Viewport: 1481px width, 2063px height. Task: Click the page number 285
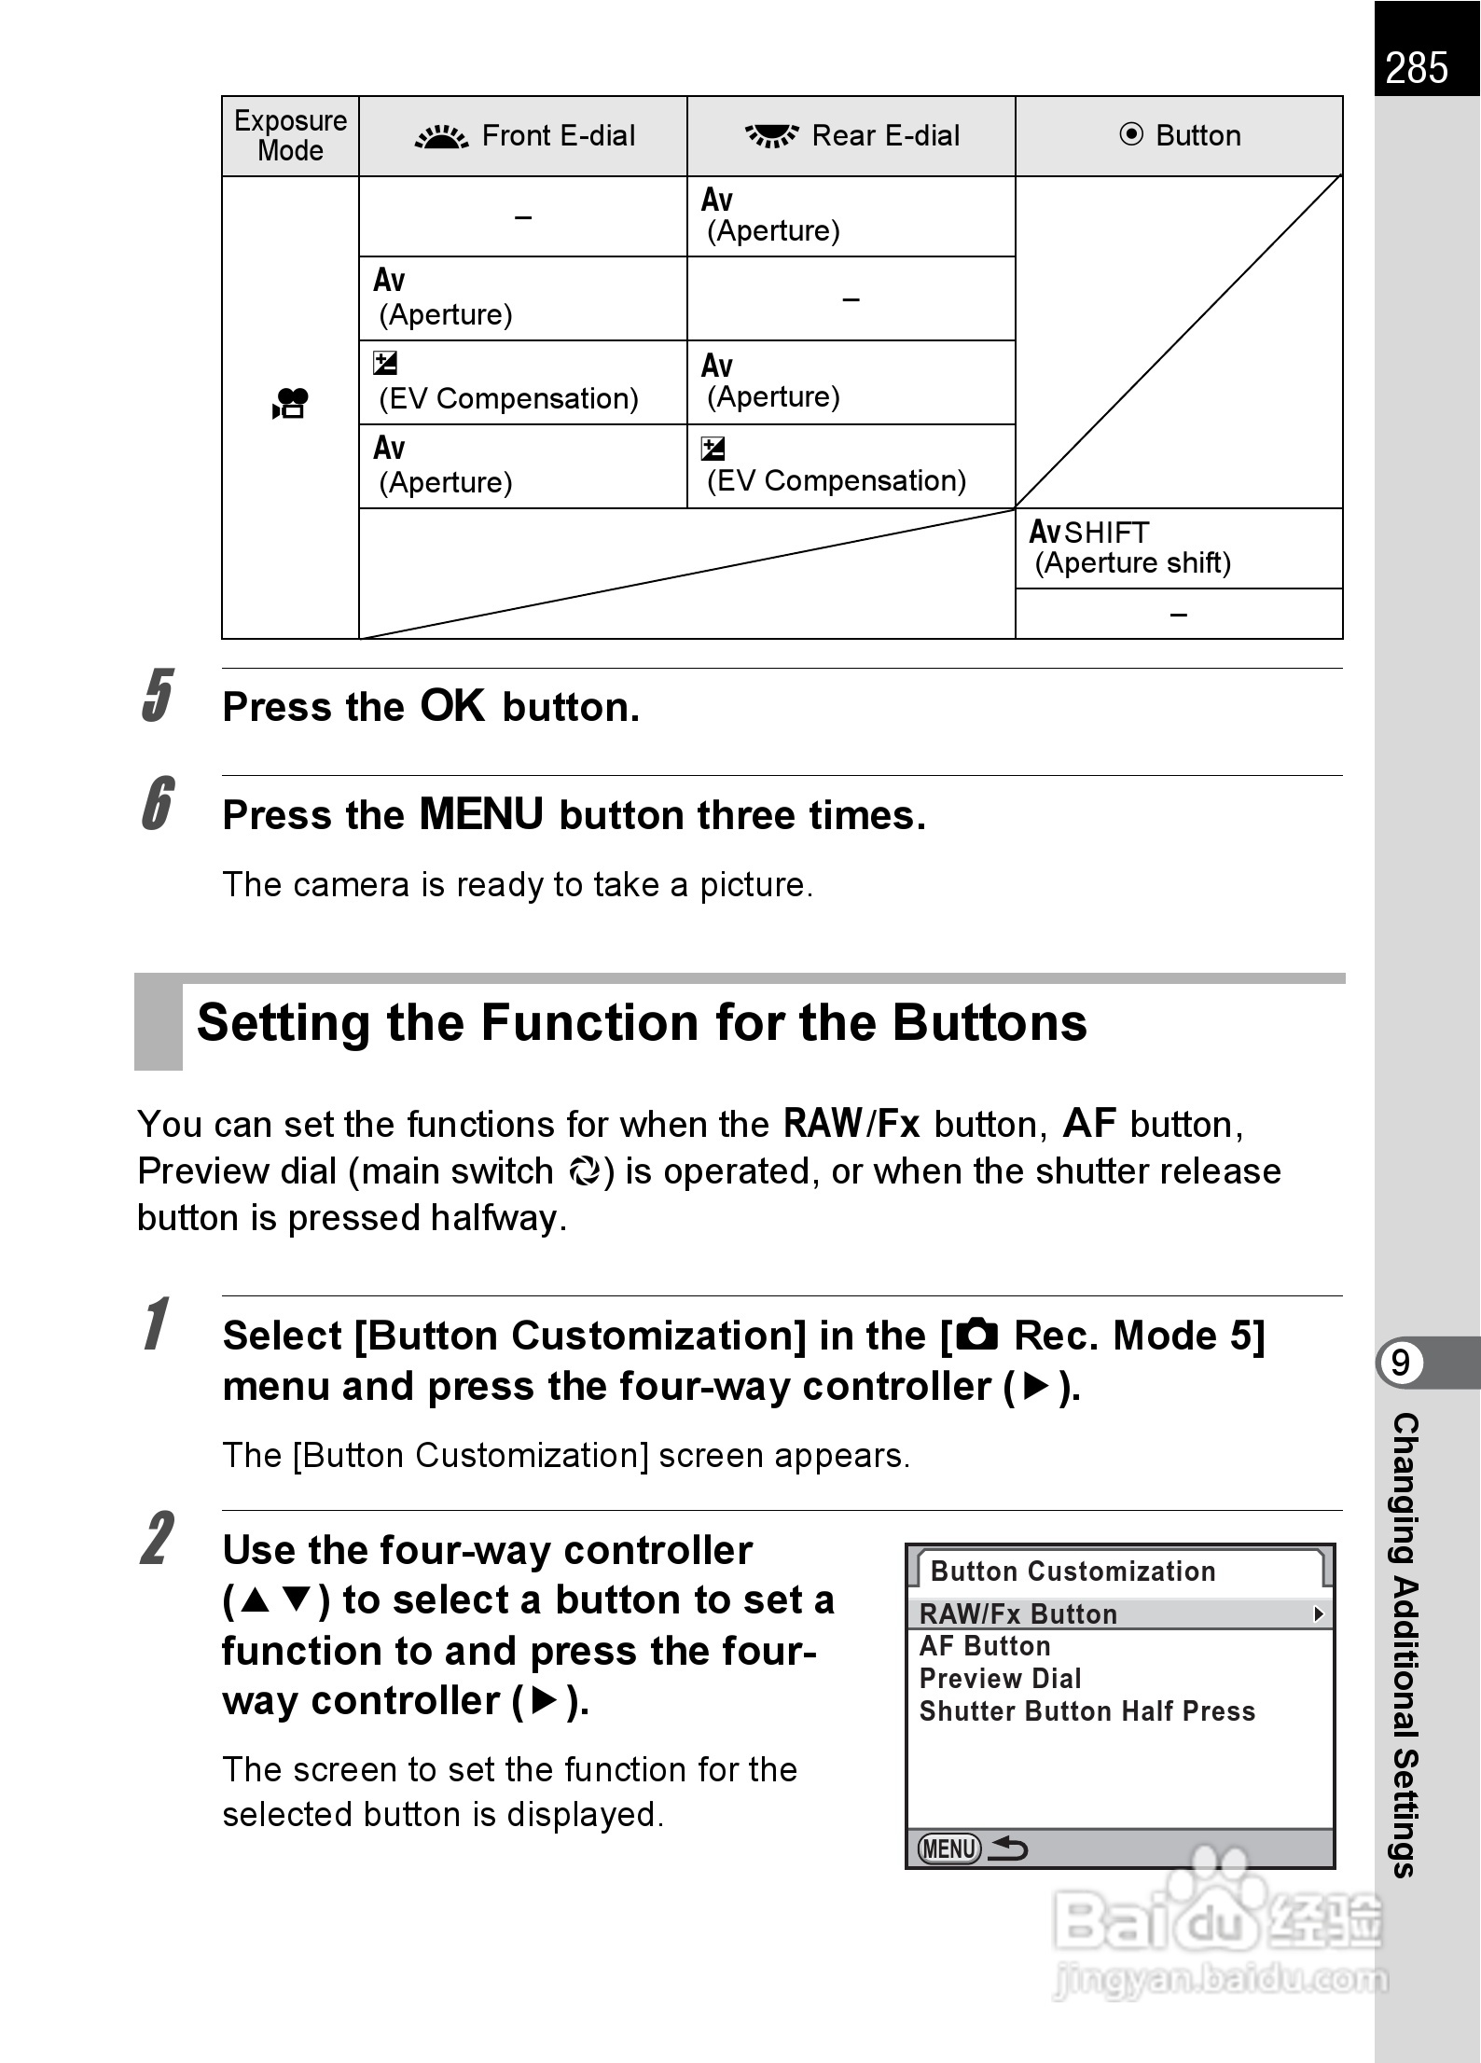pyautogui.click(x=1417, y=68)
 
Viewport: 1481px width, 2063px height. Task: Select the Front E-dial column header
pyautogui.click(x=524, y=136)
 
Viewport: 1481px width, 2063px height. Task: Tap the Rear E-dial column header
pyautogui.click(x=851, y=136)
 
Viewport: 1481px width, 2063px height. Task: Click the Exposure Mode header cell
pyautogui.click(x=290, y=136)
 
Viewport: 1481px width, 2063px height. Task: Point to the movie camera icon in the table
pyautogui.click(x=290, y=403)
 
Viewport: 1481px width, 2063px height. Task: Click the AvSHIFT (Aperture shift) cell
pyautogui.click(x=1130, y=547)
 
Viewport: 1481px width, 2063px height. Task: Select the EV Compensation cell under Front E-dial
pyautogui.click(x=508, y=382)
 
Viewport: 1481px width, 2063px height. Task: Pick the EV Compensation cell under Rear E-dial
pyautogui.click(x=836, y=465)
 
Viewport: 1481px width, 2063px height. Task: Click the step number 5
pyautogui.click(x=158, y=696)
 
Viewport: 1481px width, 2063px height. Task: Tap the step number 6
pyautogui.click(x=158, y=803)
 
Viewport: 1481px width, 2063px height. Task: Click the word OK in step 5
pyautogui.click(x=452, y=706)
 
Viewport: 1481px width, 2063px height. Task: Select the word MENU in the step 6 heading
pyautogui.click(x=481, y=814)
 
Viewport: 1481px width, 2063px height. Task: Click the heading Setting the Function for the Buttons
pyautogui.click(x=642, y=1022)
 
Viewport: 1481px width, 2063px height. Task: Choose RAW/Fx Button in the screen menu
pyautogui.click(x=1018, y=1614)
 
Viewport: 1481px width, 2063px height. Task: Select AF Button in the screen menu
pyautogui.click(x=985, y=1646)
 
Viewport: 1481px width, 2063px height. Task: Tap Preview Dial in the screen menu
pyautogui.click(x=1000, y=1679)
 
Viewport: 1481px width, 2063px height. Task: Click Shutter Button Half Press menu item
pyautogui.click(x=1087, y=1711)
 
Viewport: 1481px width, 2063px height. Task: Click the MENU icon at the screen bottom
pyautogui.click(x=949, y=1848)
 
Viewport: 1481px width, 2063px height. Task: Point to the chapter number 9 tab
pyautogui.click(x=1401, y=1364)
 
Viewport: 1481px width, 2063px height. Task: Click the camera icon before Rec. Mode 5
pyautogui.click(x=976, y=1336)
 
